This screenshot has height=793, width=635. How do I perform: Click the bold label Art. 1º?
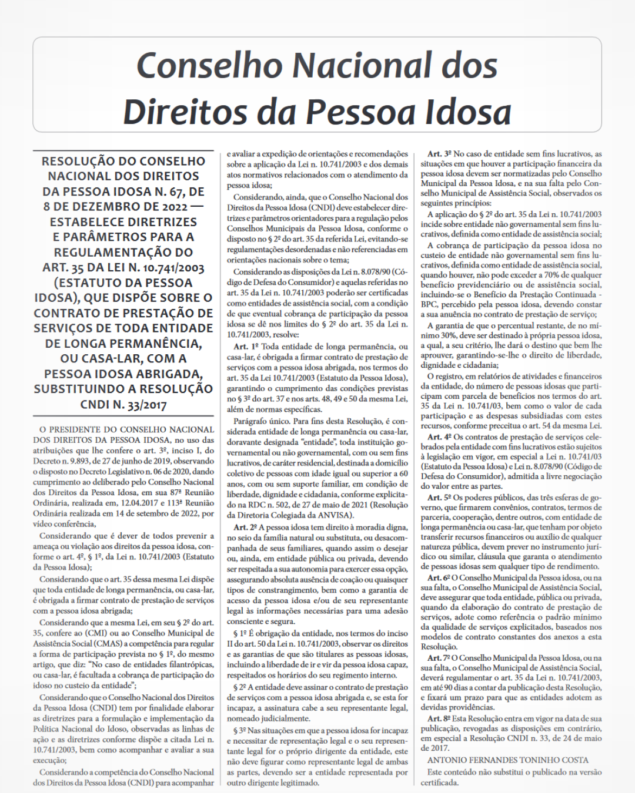[x=246, y=347]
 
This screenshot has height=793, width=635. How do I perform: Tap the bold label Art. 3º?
[x=440, y=154]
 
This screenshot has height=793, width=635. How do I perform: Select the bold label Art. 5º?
[x=440, y=498]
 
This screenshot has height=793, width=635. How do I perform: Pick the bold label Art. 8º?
[x=440, y=718]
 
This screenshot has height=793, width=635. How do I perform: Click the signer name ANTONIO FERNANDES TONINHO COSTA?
[x=507, y=760]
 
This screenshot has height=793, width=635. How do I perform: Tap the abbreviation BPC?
[x=430, y=304]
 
